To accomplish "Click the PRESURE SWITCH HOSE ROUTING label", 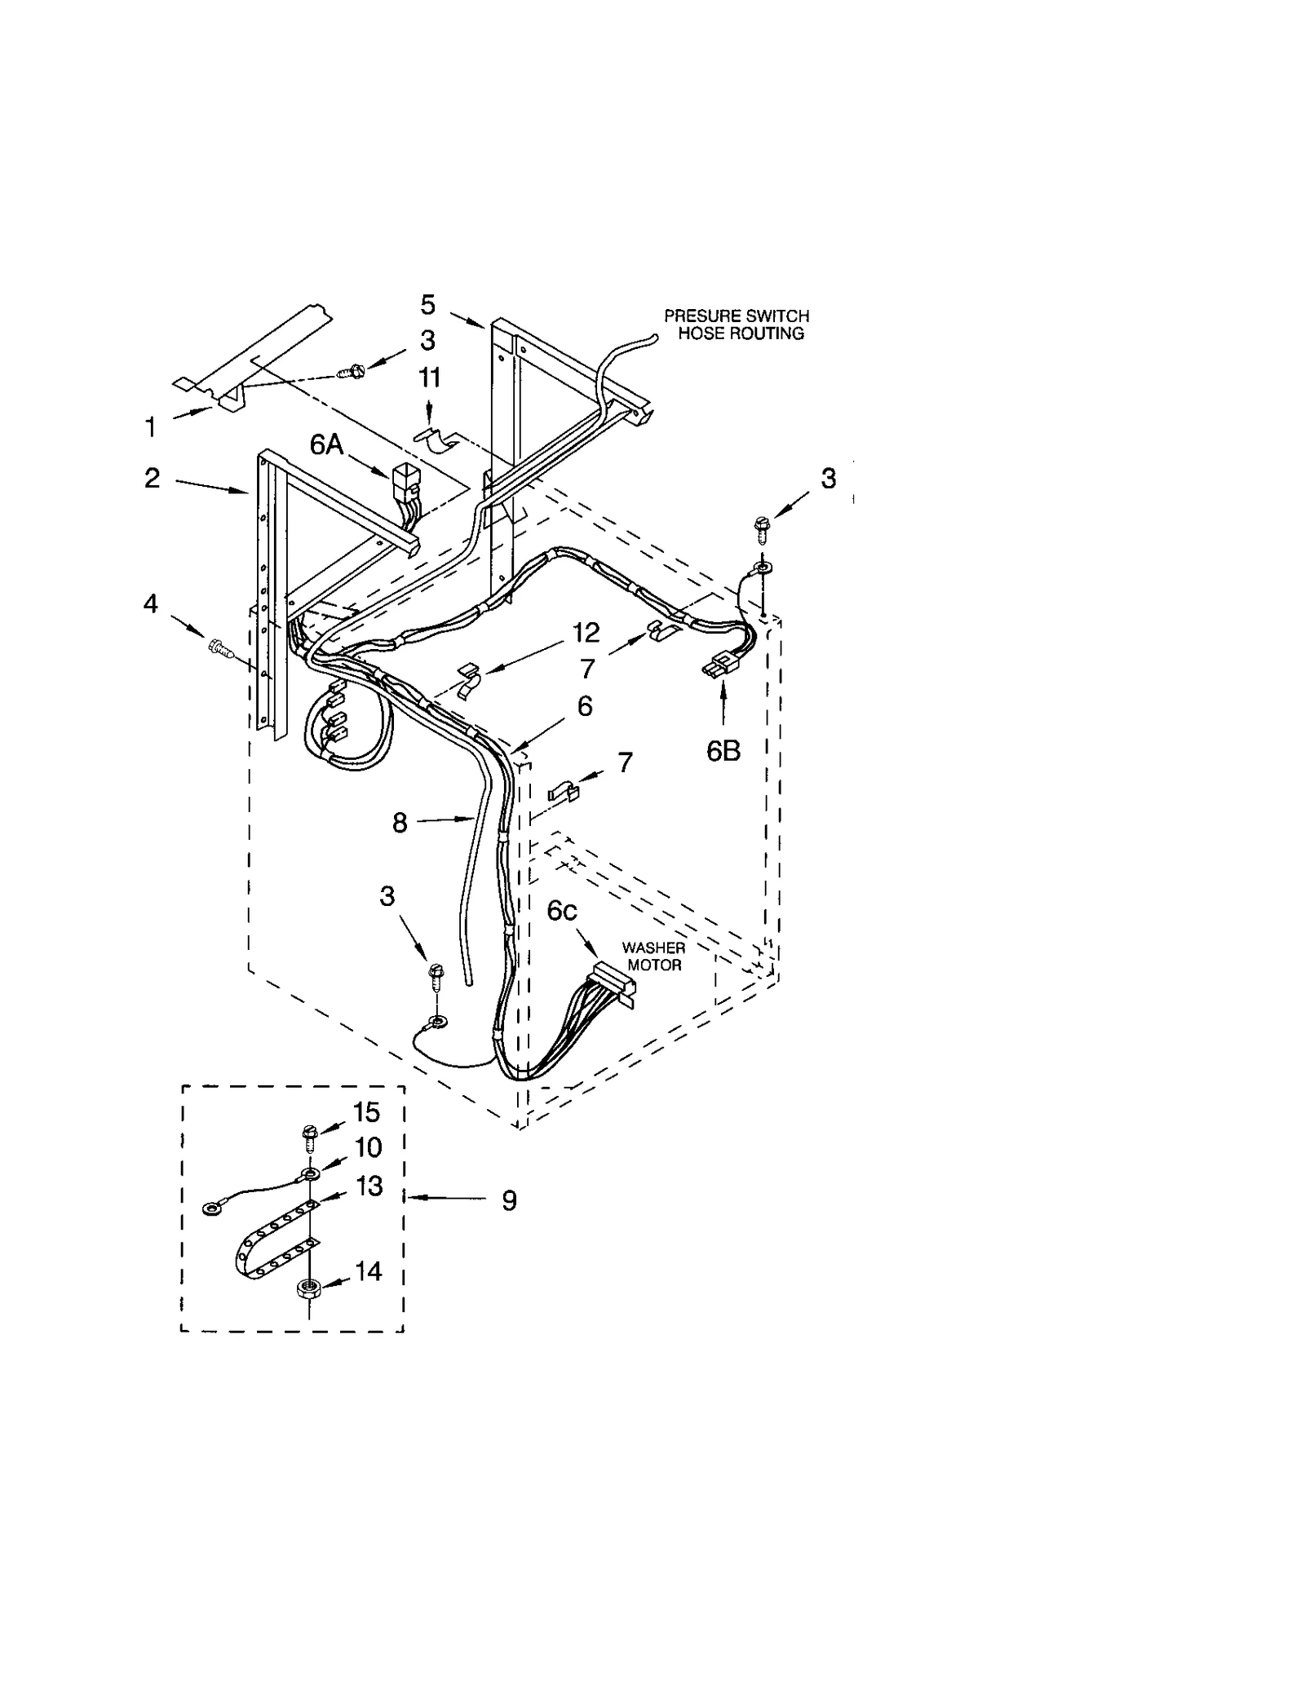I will [736, 324].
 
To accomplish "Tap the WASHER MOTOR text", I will [652, 956].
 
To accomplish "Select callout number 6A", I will [325, 444].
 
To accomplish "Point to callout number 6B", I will [723, 751].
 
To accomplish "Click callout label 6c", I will [562, 911].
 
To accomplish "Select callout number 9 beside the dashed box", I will [509, 1200].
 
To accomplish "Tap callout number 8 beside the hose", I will [399, 823].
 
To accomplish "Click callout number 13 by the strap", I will [369, 1186].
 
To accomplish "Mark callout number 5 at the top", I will [428, 305].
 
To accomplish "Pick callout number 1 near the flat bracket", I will [150, 426].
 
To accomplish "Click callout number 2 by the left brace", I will [152, 478].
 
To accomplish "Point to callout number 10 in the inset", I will [369, 1147].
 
